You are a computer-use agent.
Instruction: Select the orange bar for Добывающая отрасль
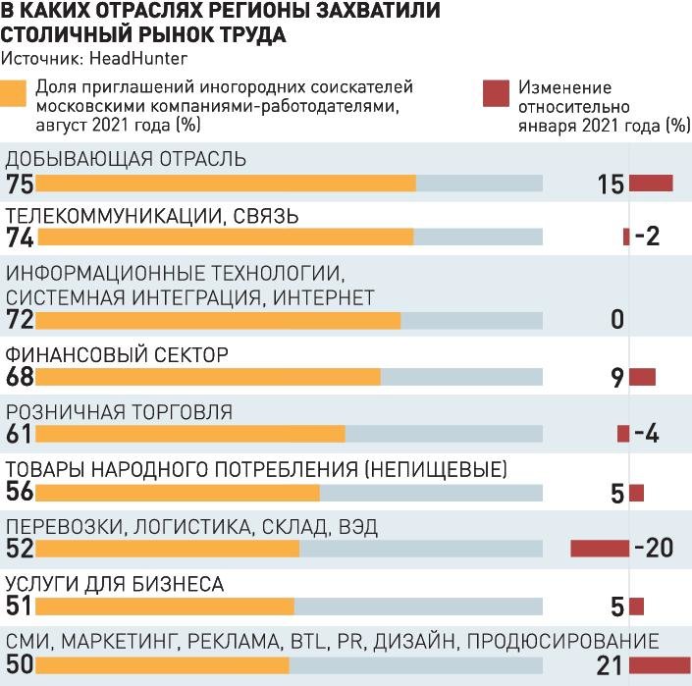[x=226, y=184]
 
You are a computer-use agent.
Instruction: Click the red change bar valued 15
[x=651, y=184]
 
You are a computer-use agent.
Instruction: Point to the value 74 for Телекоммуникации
[x=19, y=237]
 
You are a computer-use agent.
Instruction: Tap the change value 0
[x=616, y=320]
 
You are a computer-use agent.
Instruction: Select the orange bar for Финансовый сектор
[x=208, y=377]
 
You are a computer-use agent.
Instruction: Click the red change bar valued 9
[x=642, y=377]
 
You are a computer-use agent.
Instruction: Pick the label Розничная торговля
[x=119, y=411]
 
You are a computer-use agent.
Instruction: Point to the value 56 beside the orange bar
[x=19, y=493]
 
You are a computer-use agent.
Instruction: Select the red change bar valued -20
[x=600, y=548]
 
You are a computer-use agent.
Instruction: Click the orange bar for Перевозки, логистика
[x=167, y=549]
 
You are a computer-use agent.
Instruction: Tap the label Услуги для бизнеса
[x=115, y=585]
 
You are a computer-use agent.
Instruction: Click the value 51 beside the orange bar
[x=19, y=607]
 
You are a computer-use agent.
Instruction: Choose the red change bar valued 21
[x=660, y=665]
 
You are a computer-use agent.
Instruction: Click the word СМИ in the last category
[x=29, y=642]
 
